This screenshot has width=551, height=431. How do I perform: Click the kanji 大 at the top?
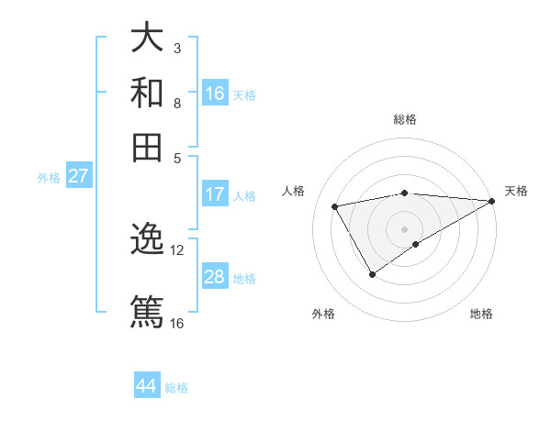point(147,39)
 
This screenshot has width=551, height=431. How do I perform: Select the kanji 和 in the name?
point(147,93)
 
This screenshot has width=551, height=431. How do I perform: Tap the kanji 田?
point(147,147)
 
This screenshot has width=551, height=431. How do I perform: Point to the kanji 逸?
point(147,240)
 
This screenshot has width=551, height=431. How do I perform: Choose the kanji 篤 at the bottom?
point(147,310)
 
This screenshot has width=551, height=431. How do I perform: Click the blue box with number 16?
point(215,94)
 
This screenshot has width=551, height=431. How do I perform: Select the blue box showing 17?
point(215,194)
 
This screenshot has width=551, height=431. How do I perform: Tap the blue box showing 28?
point(215,277)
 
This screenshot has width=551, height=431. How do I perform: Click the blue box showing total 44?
point(147,386)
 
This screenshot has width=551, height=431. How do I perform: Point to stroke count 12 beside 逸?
point(177,249)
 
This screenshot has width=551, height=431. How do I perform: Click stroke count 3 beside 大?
point(177,48)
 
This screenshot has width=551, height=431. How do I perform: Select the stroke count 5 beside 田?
point(177,157)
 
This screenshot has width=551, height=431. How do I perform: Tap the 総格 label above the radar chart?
point(405,119)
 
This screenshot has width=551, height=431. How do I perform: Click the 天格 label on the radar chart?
point(516,191)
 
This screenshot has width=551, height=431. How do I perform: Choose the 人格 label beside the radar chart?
point(294,191)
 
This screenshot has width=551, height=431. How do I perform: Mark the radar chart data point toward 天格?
point(493,201)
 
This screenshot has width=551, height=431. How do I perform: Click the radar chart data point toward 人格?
point(335,206)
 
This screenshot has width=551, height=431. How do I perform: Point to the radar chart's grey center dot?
point(405,227)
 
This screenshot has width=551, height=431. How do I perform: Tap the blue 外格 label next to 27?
point(49,178)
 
